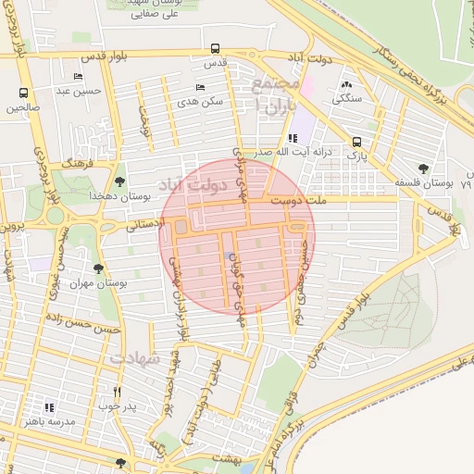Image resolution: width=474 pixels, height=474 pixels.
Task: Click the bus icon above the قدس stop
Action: pyautogui.click(x=215, y=48)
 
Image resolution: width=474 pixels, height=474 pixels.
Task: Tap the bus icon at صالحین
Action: pyautogui.click(x=23, y=93)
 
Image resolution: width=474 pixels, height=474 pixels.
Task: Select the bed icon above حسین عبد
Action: pyautogui.click(x=78, y=76)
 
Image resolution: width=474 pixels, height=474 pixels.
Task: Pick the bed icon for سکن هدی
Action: pyautogui.click(x=200, y=87)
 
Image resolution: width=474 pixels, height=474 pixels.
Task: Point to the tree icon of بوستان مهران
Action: pyautogui.click(x=98, y=268)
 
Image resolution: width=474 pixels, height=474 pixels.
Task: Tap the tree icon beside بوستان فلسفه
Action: pyautogui.click(x=423, y=168)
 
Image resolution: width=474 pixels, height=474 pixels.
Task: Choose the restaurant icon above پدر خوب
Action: pyautogui.click(x=117, y=392)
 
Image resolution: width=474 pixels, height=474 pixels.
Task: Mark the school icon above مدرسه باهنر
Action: pyautogui.click(x=49, y=406)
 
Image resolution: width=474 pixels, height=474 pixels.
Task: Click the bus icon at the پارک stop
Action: pyautogui.click(x=356, y=142)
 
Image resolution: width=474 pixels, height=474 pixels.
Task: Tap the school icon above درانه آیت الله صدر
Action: pyautogui.click(x=293, y=137)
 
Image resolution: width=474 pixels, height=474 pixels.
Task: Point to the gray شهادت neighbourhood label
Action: pyautogui.click(x=136, y=356)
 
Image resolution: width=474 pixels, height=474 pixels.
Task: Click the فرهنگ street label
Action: pyautogui.click(x=80, y=162)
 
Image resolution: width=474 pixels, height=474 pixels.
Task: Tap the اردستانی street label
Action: pyautogui.click(x=143, y=223)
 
